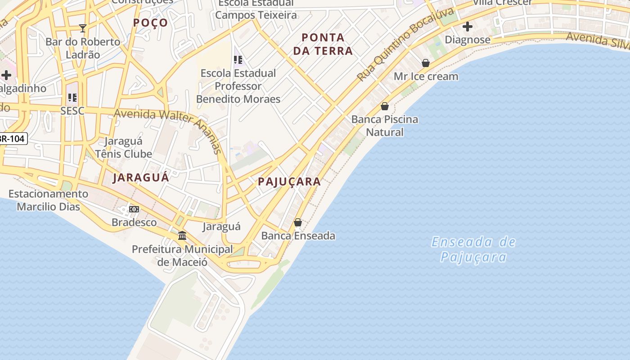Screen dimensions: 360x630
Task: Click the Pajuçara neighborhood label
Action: coord(289,182)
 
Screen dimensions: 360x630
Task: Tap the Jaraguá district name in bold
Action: coord(141,177)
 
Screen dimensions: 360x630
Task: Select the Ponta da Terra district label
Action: coord(323,44)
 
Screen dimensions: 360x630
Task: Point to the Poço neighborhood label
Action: coord(151,23)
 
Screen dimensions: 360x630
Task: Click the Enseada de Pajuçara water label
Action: coord(473,249)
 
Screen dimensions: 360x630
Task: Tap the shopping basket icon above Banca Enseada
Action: coord(298,222)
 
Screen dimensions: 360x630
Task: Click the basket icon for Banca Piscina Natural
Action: coord(385,106)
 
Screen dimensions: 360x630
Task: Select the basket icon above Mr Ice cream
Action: coord(426,63)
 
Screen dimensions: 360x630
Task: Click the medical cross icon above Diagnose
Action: coord(468,27)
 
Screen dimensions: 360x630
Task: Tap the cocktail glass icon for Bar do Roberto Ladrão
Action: coord(83,28)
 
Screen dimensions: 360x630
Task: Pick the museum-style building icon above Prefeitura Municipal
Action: coord(182,235)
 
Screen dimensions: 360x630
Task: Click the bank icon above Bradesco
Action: coord(134,209)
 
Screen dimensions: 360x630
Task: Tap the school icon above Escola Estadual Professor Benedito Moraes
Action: coord(238,59)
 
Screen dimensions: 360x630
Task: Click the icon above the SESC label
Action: coord(72,97)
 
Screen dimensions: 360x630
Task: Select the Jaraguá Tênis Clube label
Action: coord(123,148)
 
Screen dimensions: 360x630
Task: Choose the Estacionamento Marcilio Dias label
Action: coord(49,200)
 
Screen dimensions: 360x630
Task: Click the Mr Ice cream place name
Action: coord(426,76)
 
